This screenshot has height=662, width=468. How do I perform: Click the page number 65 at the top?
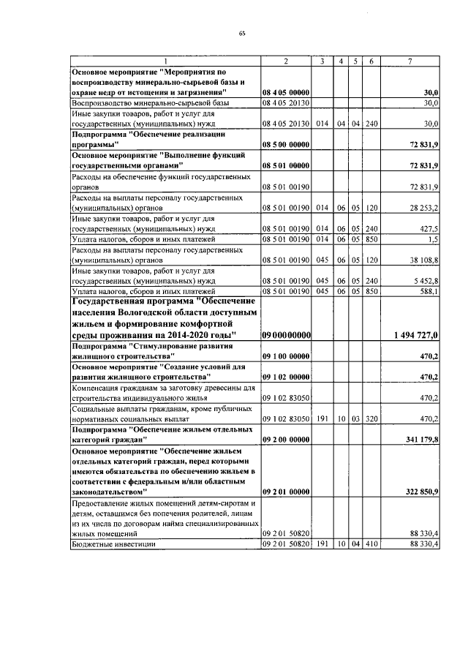(241, 34)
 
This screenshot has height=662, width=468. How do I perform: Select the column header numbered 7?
(410, 61)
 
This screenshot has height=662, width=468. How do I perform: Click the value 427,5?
(428, 228)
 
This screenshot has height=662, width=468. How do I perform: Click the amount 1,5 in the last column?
(433, 238)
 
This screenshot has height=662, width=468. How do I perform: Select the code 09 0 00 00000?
(287, 334)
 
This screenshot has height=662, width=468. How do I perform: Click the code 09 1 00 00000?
(287, 356)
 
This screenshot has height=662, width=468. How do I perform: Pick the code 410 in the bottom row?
(371, 545)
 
